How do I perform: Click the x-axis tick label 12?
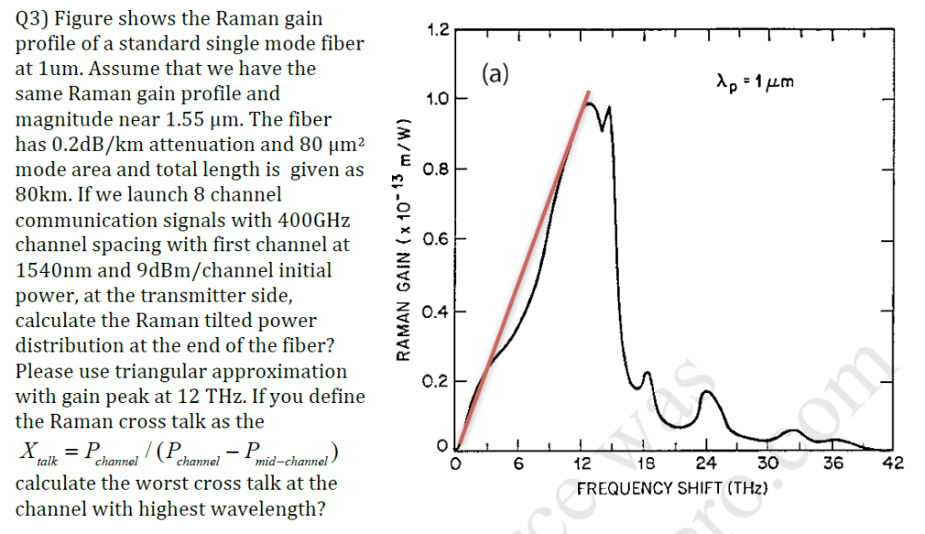coord(583,464)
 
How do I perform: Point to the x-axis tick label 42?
coord(892,464)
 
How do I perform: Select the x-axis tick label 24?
coord(707,464)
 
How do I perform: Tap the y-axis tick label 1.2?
coord(436,30)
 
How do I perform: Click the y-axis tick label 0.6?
coord(436,240)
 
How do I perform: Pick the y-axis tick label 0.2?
coord(436,381)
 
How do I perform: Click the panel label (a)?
coord(496,73)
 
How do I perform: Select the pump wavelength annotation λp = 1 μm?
coord(754,83)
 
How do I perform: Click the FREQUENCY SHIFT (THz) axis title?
coord(671,489)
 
